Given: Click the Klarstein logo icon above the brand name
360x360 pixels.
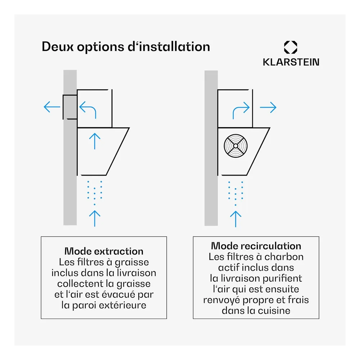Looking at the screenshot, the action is tap(291, 47).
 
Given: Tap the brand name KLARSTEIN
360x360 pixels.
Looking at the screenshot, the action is tap(291, 62).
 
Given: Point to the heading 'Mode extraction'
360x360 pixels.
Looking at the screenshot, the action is tap(104, 251).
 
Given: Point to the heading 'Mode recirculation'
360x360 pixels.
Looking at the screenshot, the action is tap(256, 246).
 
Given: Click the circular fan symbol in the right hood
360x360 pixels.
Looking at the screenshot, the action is tap(235, 146).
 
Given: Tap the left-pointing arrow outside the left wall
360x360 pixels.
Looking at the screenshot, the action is tap(52, 107).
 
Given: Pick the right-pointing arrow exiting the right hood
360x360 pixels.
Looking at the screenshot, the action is tap(268, 107).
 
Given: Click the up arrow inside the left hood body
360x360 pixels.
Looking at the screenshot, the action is tap(95, 141).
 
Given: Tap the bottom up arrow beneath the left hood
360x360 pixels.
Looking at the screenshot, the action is tap(95, 219).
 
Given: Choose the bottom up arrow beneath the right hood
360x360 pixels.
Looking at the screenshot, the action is tap(235, 219).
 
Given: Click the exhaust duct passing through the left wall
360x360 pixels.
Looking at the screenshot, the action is tap(70, 107).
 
